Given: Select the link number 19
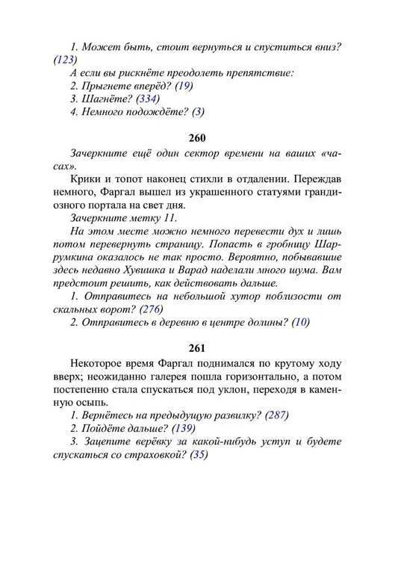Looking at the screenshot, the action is pyautogui.click(x=184, y=86).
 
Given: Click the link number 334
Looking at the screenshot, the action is pyautogui.click(x=146, y=99).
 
